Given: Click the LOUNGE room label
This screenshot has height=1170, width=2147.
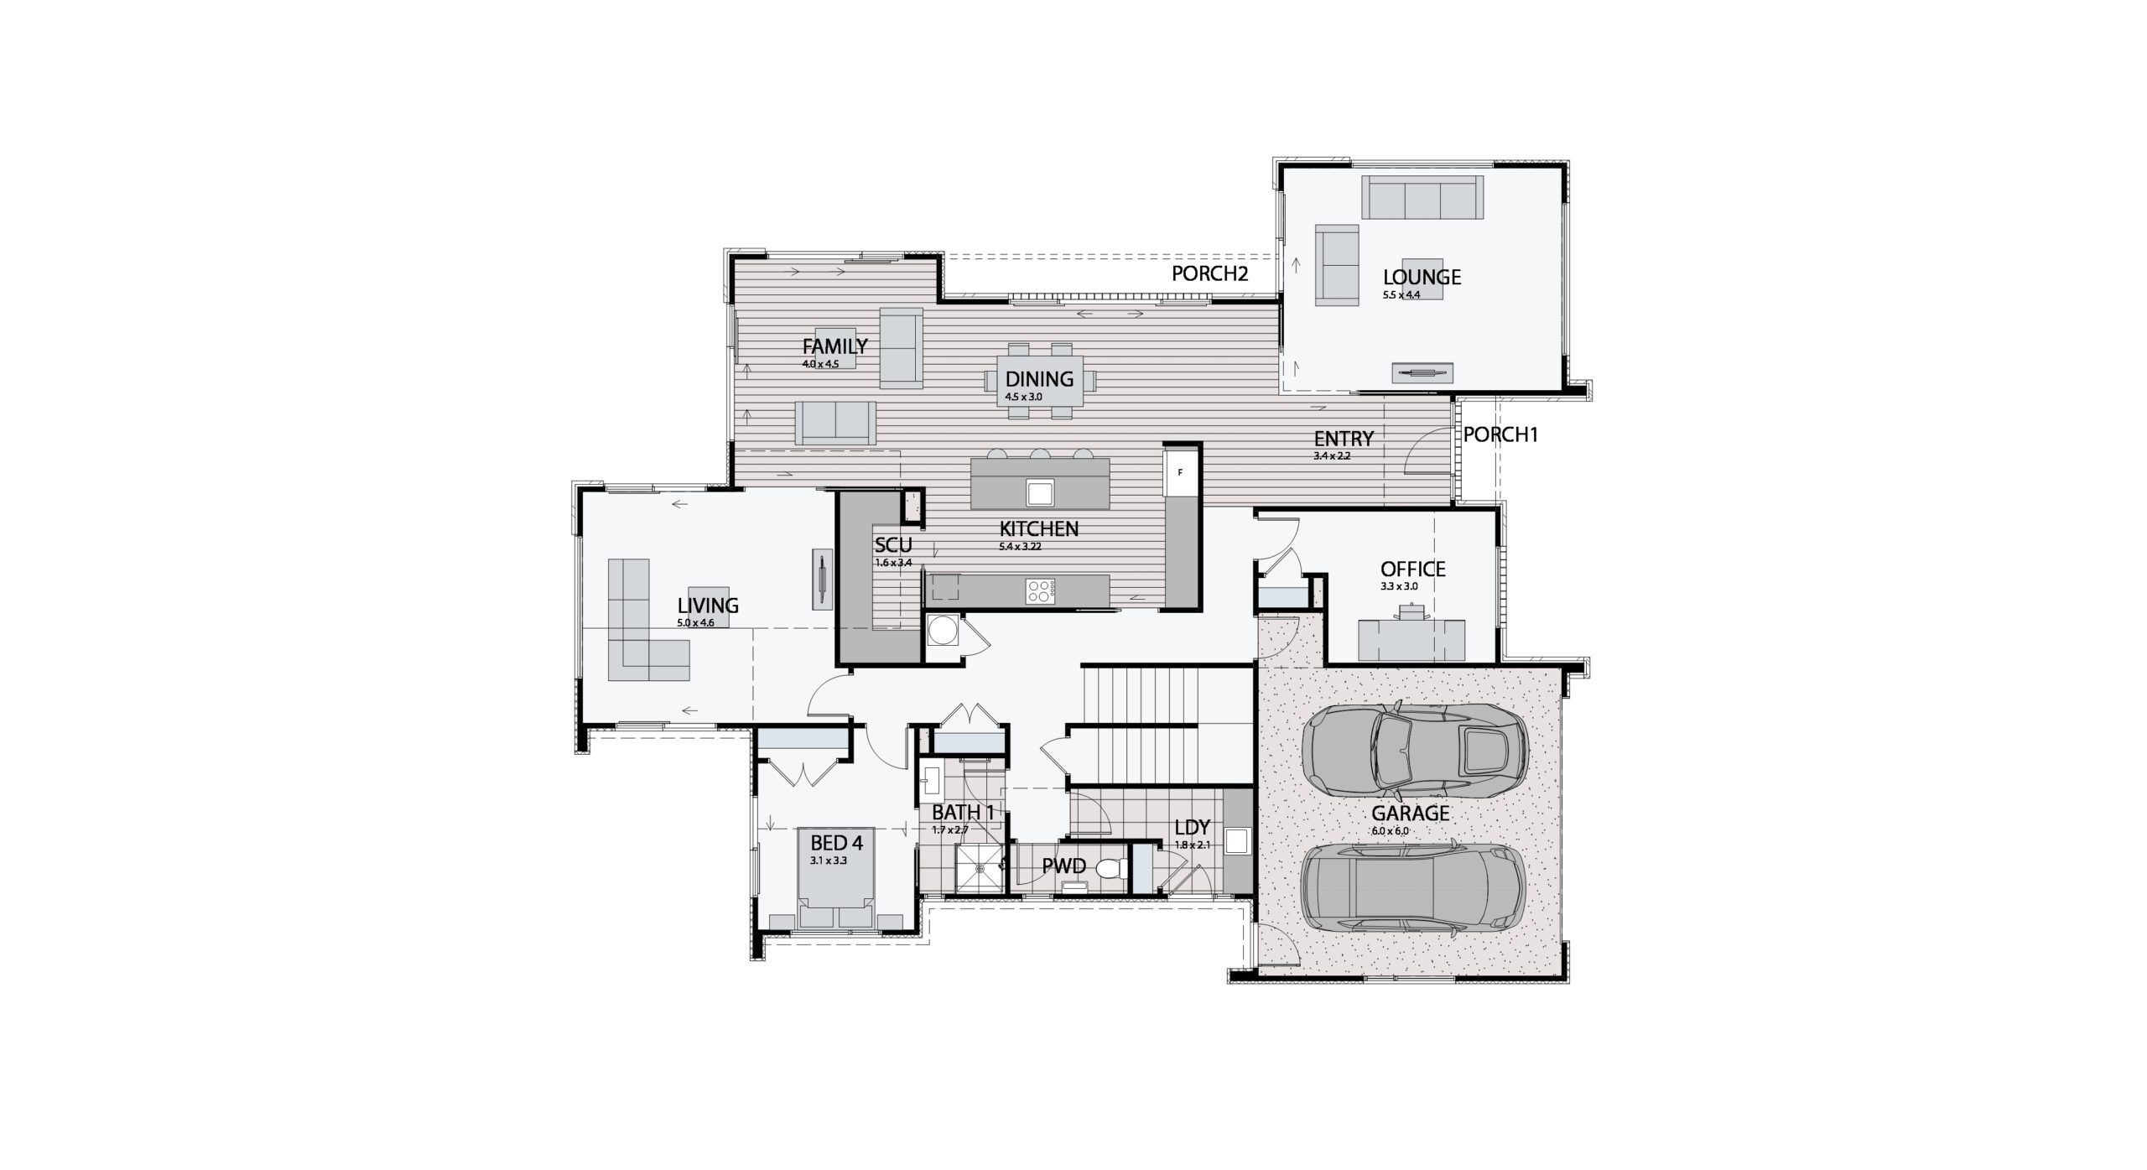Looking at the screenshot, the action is click(x=1422, y=277).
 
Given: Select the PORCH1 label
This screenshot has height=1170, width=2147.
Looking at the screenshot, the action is click(x=1500, y=434).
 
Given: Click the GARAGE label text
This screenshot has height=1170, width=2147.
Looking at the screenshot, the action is click(x=1410, y=813).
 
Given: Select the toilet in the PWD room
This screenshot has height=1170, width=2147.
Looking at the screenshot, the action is click(x=1109, y=869).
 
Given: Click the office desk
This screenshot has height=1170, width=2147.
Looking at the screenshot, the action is click(x=1411, y=639).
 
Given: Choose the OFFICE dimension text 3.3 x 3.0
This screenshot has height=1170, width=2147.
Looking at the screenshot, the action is click(x=1399, y=586).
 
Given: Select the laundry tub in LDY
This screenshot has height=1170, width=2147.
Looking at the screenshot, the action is click(x=1236, y=840).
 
